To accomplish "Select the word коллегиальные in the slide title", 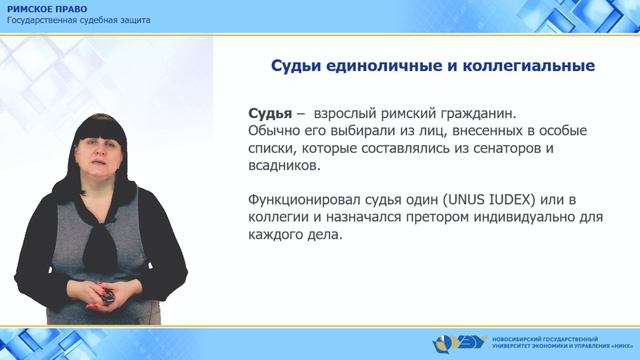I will (531, 66).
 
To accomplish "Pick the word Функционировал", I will (306, 199).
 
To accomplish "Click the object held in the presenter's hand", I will (103, 295).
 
